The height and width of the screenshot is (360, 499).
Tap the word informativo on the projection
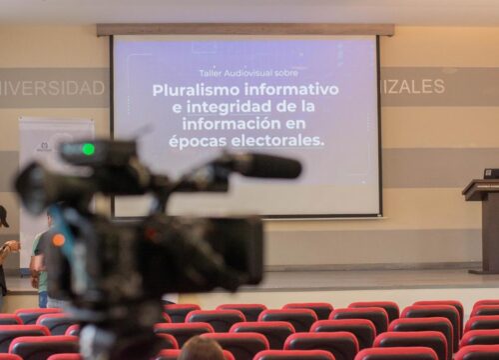[x=289, y=90]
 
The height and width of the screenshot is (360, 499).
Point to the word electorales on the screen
[x=276, y=141]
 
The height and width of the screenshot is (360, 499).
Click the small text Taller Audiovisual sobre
[x=245, y=73]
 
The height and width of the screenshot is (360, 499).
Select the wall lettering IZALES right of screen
[x=413, y=87]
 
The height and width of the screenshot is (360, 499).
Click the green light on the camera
[x=88, y=149]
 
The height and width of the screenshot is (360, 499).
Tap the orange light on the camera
[x=58, y=240]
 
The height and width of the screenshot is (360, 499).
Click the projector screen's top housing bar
[x=246, y=30]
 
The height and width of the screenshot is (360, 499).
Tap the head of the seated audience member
[x=203, y=349]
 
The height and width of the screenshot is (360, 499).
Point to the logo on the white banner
[x=44, y=147]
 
